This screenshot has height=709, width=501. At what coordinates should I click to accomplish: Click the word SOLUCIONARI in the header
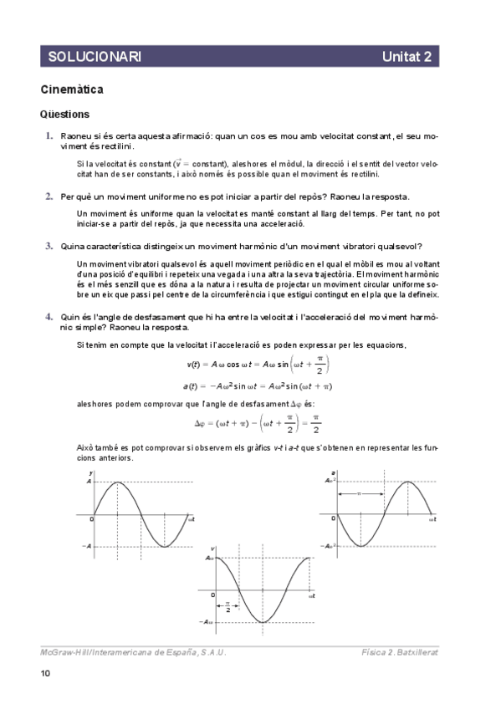click(x=94, y=56)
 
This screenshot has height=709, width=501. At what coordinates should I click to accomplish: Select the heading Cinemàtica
click(x=72, y=89)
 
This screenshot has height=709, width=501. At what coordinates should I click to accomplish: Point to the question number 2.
click(x=49, y=196)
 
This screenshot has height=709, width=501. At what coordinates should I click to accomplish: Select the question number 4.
click(x=49, y=318)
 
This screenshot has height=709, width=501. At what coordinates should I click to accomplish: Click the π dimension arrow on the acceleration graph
click(x=360, y=494)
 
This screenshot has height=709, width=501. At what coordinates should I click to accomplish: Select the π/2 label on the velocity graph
click(x=227, y=606)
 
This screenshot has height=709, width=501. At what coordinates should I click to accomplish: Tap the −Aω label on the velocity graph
click(x=207, y=622)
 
